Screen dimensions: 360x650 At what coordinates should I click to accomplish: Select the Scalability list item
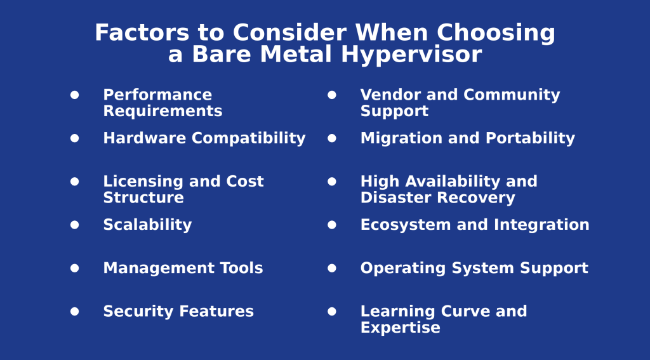147,225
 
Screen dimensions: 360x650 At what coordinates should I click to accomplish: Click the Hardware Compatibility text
204,138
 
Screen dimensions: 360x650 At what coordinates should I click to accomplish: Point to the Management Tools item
183,268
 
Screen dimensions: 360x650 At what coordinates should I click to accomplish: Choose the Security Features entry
178,312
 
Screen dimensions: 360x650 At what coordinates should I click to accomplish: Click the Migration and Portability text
467,138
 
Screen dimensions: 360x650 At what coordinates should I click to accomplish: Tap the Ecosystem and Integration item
474,225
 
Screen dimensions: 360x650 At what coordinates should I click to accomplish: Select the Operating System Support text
474,268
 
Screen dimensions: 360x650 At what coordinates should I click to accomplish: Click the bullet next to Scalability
75,225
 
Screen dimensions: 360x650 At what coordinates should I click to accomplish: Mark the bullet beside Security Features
75,311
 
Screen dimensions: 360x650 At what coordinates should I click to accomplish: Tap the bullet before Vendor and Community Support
332,95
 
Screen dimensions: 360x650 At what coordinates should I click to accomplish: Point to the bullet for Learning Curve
332,311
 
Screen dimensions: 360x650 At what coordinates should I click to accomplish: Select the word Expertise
400,328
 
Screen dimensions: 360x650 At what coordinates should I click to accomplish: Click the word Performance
157,95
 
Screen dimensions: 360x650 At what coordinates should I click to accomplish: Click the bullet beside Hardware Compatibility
75,138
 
